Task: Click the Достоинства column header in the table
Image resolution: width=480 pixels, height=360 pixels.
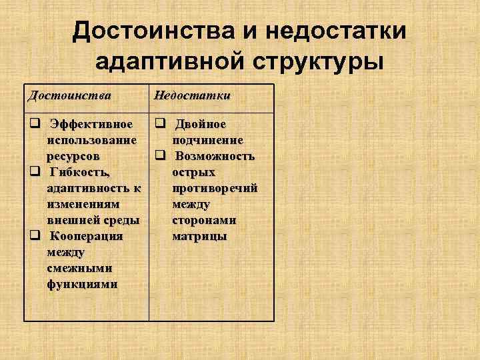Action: pyautogui.click(x=69, y=95)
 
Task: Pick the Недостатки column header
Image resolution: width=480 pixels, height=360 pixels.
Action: pyautogui.click(x=192, y=95)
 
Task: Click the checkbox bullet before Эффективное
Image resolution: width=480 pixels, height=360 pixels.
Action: pyautogui.click(x=33, y=124)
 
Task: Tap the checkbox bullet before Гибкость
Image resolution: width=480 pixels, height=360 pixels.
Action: pyautogui.click(x=33, y=172)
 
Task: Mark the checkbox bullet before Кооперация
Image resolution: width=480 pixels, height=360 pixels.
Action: pyautogui.click(x=33, y=236)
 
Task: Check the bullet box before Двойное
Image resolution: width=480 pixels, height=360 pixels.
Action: pyautogui.click(x=159, y=124)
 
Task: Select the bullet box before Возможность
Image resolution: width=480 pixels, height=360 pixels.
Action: pyautogui.click(x=159, y=156)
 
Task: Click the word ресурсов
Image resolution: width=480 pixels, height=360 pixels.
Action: pyautogui.click(x=73, y=156)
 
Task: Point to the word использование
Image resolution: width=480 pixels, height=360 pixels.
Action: pyautogui.click(x=92, y=140)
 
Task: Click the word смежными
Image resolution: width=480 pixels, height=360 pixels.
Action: pyautogui.click(x=79, y=268)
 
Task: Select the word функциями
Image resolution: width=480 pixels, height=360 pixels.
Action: pyautogui.click(x=82, y=284)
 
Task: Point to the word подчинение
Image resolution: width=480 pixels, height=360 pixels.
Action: pyautogui.click(x=207, y=140)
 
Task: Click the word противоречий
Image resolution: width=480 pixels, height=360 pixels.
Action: pyautogui.click(x=215, y=188)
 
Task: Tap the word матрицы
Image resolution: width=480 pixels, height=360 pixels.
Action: pyautogui.click(x=199, y=236)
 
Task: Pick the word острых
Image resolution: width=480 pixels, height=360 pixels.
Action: pyautogui.click(x=193, y=172)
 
